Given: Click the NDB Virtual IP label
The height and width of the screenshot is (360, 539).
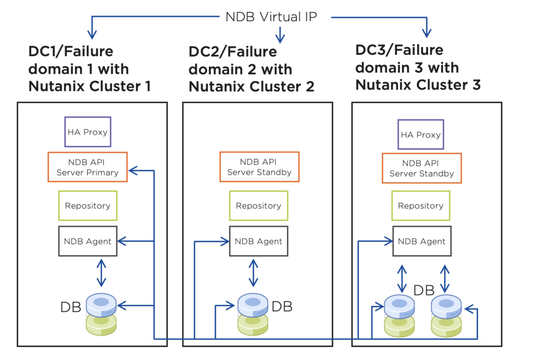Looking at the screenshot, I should coord(271,16).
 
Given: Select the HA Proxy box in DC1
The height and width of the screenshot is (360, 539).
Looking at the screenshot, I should coord(87,132).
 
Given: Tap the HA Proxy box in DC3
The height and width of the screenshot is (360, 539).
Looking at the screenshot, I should coord(421,134).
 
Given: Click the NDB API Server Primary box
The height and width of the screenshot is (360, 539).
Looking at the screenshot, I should coord(87,167).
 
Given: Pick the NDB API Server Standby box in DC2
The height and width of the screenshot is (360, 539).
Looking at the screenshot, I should coord(259,167).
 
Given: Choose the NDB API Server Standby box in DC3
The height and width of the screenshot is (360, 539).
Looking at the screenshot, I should coord(421,168).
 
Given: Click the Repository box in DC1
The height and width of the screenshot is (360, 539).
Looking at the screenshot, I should coord(87,205).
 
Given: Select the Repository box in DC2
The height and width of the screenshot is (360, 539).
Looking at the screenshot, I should coord(258,206).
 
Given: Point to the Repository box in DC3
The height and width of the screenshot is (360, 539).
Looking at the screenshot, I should coord(421,206).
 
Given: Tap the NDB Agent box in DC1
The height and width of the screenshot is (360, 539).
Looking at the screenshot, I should coord(87,241).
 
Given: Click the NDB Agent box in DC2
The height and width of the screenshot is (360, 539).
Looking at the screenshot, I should coord(258,241).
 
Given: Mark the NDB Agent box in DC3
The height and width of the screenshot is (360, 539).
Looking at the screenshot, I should coord(422,241).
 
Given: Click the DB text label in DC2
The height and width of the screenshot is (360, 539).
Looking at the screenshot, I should coord(282,306).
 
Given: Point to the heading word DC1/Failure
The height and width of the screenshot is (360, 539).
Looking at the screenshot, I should coord(71,52).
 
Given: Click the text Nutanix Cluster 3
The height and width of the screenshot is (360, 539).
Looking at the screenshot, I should coord(418,85).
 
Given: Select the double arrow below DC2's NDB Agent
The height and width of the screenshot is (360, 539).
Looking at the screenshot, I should coord(254,272).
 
